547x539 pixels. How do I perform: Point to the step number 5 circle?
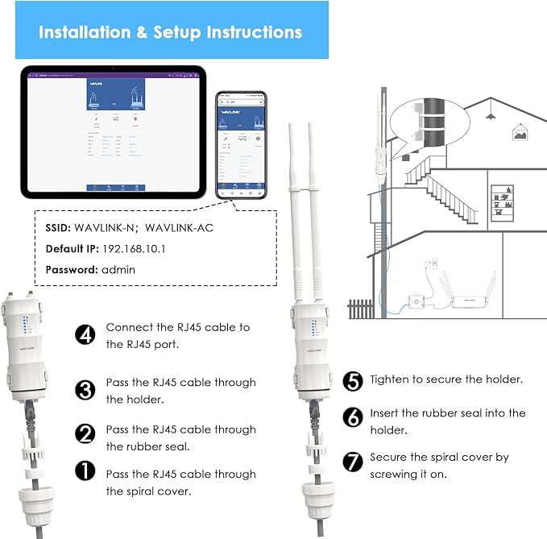tap(352, 379)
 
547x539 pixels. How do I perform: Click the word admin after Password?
tap(118, 270)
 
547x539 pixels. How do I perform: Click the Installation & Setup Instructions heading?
tap(171, 32)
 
